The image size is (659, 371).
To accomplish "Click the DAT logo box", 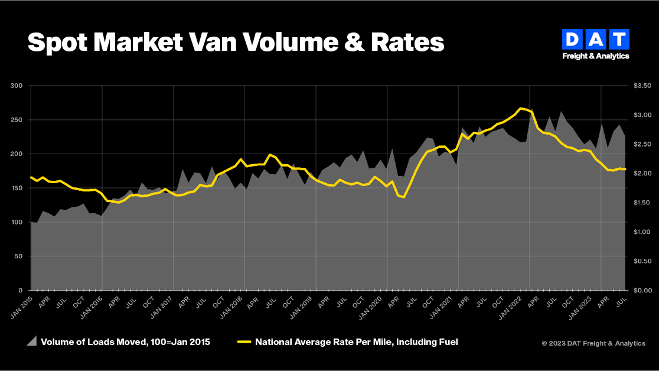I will pos(596,40).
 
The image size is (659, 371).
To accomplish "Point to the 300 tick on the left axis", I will pos(17,86).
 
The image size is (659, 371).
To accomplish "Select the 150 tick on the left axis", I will pos(17,188).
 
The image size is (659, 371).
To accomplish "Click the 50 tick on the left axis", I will pos(18,256).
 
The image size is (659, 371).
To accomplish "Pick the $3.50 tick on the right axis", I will pos(641,86).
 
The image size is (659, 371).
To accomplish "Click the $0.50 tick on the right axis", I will pos(641,261).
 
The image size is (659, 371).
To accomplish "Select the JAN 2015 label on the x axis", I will pos(21,308).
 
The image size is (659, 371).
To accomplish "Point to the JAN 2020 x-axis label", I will pos(377,308).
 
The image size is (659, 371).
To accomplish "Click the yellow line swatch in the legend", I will pos(244,342).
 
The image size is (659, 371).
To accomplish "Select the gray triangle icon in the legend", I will pos(32,341).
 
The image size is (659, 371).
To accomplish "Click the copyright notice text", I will pos(593,343).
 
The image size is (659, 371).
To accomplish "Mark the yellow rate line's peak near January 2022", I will pos(520,108).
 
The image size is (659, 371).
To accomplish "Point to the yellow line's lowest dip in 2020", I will pos(403,197).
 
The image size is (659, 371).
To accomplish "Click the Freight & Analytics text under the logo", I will pos(596,56).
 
